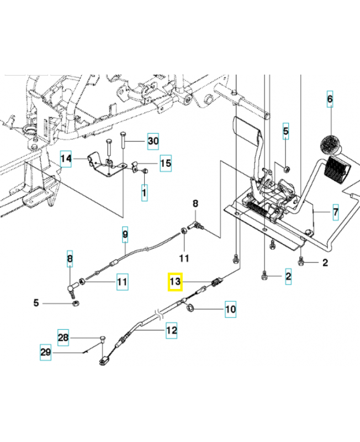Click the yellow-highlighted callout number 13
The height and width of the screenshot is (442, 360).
pos(176,282)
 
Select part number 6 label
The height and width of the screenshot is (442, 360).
pos(330,99)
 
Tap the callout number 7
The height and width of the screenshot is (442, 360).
pos(335,211)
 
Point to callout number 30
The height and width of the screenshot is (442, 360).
pos(153,141)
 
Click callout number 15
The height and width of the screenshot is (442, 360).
pos(166,163)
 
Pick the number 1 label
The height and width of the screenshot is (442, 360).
pos(144,193)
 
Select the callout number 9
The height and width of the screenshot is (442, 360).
pos(125,235)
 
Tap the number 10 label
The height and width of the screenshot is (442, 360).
pos(230,309)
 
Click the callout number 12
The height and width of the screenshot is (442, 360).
pos(172,331)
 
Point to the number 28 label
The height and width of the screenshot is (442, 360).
pos(64,336)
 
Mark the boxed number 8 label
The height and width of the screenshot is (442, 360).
pos(70,259)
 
